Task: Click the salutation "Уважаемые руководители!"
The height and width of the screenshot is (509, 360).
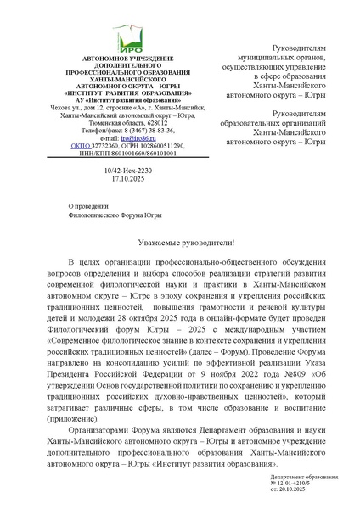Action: pos(179,242)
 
